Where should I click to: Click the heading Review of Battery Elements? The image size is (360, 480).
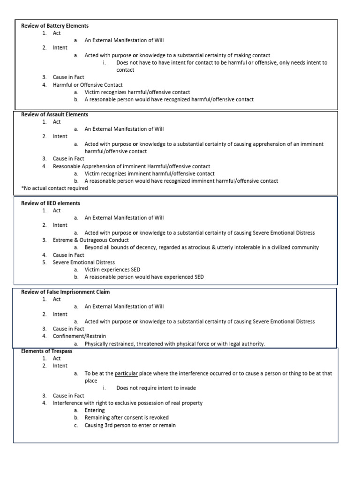pyautogui.click(x=55, y=26)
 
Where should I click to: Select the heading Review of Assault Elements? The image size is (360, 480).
pyautogui.click(x=55, y=114)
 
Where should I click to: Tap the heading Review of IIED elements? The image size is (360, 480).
pyautogui.click(x=51, y=203)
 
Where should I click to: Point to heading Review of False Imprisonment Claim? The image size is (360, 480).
pyautogui.click(x=66, y=292)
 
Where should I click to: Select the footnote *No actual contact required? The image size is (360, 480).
pyautogui.click(x=54, y=188)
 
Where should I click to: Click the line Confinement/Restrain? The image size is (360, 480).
pyautogui.click(x=79, y=336)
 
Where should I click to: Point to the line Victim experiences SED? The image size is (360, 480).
pyautogui.click(x=112, y=270)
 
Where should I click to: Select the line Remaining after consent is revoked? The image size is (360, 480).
pyautogui.click(x=127, y=418)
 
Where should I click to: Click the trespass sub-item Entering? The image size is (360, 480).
pyautogui.click(x=95, y=410)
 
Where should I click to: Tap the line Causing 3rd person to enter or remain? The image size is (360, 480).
pyautogui.click(x=130, y=425)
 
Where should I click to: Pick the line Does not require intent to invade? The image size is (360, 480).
pyautogui.click(x=156, y=388)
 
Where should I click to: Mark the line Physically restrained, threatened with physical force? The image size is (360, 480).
pyautogui.click(x=174, y=344)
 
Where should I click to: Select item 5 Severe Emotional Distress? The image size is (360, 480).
pyautogui.click(x=83, y=262)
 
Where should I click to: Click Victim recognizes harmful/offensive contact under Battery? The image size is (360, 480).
pyautogui.click(x=137, y=92)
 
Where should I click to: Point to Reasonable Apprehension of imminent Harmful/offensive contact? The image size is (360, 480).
pyautogui.click(x=131, y=166)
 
